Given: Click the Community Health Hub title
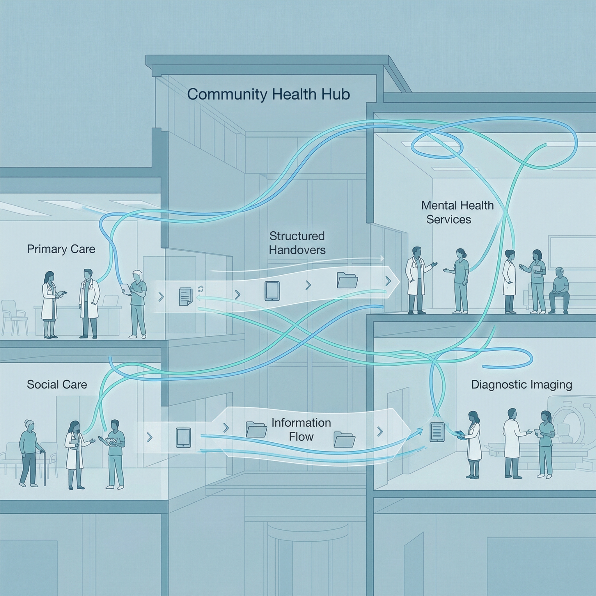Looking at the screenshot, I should [268, 94].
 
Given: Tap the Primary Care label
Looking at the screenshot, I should [61, 249].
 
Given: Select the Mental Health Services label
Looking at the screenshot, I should [457, 212].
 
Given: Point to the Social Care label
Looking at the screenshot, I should [57, 384].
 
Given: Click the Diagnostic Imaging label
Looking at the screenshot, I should [521, 384].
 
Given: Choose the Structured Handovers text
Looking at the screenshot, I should [297, 243].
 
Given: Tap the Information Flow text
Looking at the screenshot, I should [301, 430].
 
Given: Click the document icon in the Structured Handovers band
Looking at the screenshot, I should [185, 296].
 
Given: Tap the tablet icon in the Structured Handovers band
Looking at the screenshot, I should [272, 291].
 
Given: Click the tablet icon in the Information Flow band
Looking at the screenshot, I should [183, 437].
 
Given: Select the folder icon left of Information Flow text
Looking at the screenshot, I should [256, 430].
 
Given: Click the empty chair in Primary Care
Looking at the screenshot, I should [14, 318].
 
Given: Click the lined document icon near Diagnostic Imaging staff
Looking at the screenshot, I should [437, 432].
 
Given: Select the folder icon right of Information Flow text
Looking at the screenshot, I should [344, 440].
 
